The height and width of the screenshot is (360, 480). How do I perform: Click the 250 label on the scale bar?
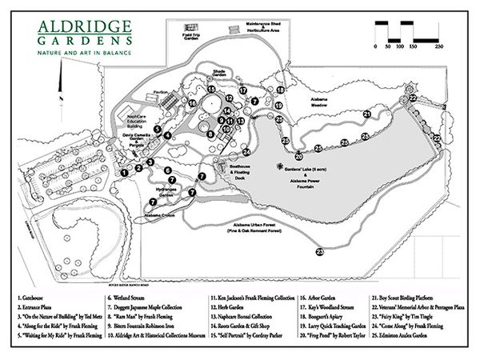(x=439, y=48)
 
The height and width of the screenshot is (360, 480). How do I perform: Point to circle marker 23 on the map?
(x=320, y=252)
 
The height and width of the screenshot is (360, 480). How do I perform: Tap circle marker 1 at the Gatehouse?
(x=125, y=171)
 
